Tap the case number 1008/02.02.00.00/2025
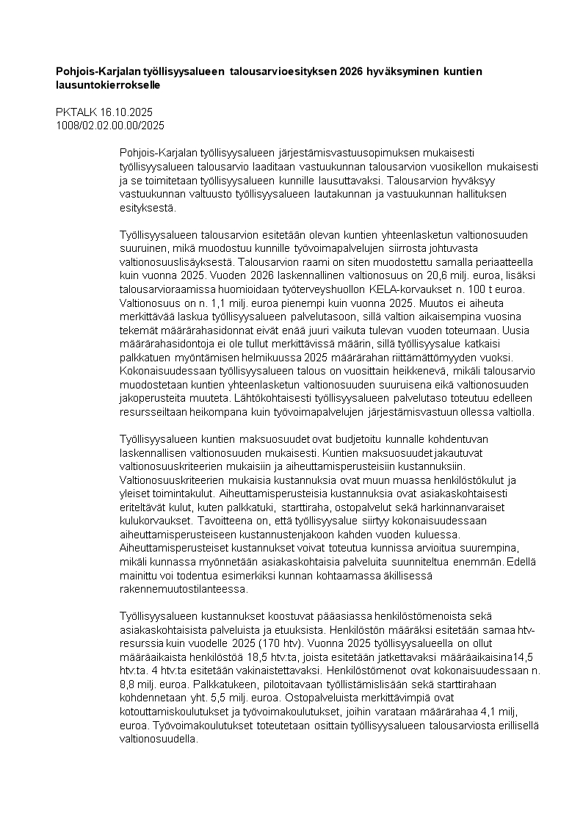[x=110, y=125]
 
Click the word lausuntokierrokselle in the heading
[x=108, y=84]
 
